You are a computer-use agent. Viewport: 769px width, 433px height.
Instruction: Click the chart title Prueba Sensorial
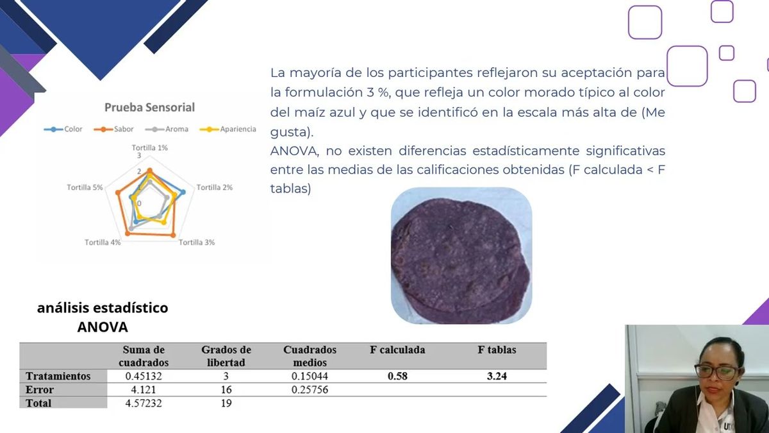[x=149, y=108]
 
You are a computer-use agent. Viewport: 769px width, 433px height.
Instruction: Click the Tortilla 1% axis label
[x=150, y=148]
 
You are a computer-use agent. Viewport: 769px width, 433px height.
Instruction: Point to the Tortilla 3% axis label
[x=197, y=242]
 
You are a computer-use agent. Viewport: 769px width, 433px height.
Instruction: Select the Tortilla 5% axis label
[x=85, y=187]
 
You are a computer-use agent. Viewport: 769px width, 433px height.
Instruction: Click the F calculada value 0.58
[x=397, y=377]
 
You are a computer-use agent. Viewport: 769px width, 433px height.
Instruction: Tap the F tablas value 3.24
[x=497, y=377]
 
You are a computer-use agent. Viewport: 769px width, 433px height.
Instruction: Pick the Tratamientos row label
[x=58, y=376]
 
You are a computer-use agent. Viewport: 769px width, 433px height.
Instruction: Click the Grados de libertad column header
[x=226, y=356]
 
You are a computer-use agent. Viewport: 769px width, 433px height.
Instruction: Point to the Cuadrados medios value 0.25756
[x=310, y=390]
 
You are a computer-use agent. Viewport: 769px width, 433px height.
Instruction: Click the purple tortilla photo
[x=461, y=255]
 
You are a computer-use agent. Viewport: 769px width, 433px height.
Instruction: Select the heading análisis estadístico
[x=103, y=308]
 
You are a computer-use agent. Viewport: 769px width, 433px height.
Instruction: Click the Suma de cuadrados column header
[x=144, y=356]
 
